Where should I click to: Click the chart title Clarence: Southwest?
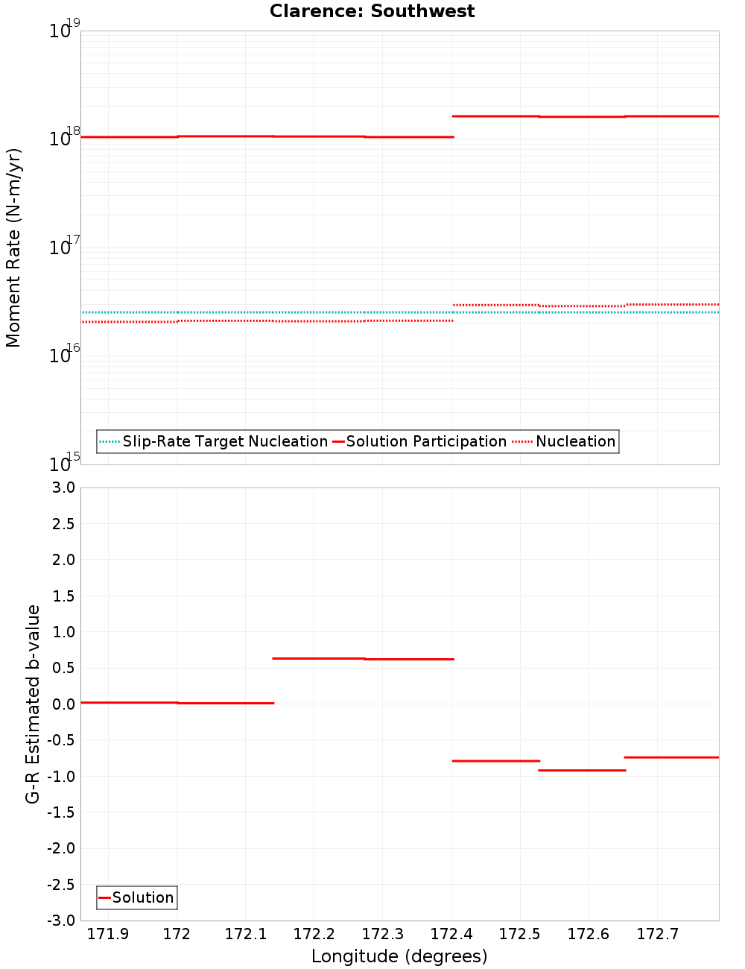pyautogui.click(x=372, y=11)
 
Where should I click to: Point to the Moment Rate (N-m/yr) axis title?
pyautogui.click(x=13, y=247)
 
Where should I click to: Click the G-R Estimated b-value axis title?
pyautogui.click(x=33, y=704)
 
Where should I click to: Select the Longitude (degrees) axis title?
pyautogui.click(x=399, y=956)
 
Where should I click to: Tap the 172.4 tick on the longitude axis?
pyautogui.click(x=451, y=934)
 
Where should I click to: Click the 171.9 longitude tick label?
pyautogui.click(x=108, y=934)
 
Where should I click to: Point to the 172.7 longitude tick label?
pyautogui.click(x=657, y=934)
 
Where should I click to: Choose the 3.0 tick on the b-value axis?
pyautogui.click(x=62, y=487)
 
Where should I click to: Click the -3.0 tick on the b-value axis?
pyautogui.click(x=60, y=921)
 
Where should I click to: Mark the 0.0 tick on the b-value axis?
pyautogui.click(x=62, y=704)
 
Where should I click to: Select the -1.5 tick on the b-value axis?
pyautogui.click(x=60, y=812)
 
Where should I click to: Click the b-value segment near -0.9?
pyautogui.click(x=582, y=770)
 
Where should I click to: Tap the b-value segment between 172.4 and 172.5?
pyautogui.click(x=495, y=761)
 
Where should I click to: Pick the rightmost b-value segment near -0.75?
pyautogui.click(x=671, y=757)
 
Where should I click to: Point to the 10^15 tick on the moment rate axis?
pyautogui.click(x=63, y=463)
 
